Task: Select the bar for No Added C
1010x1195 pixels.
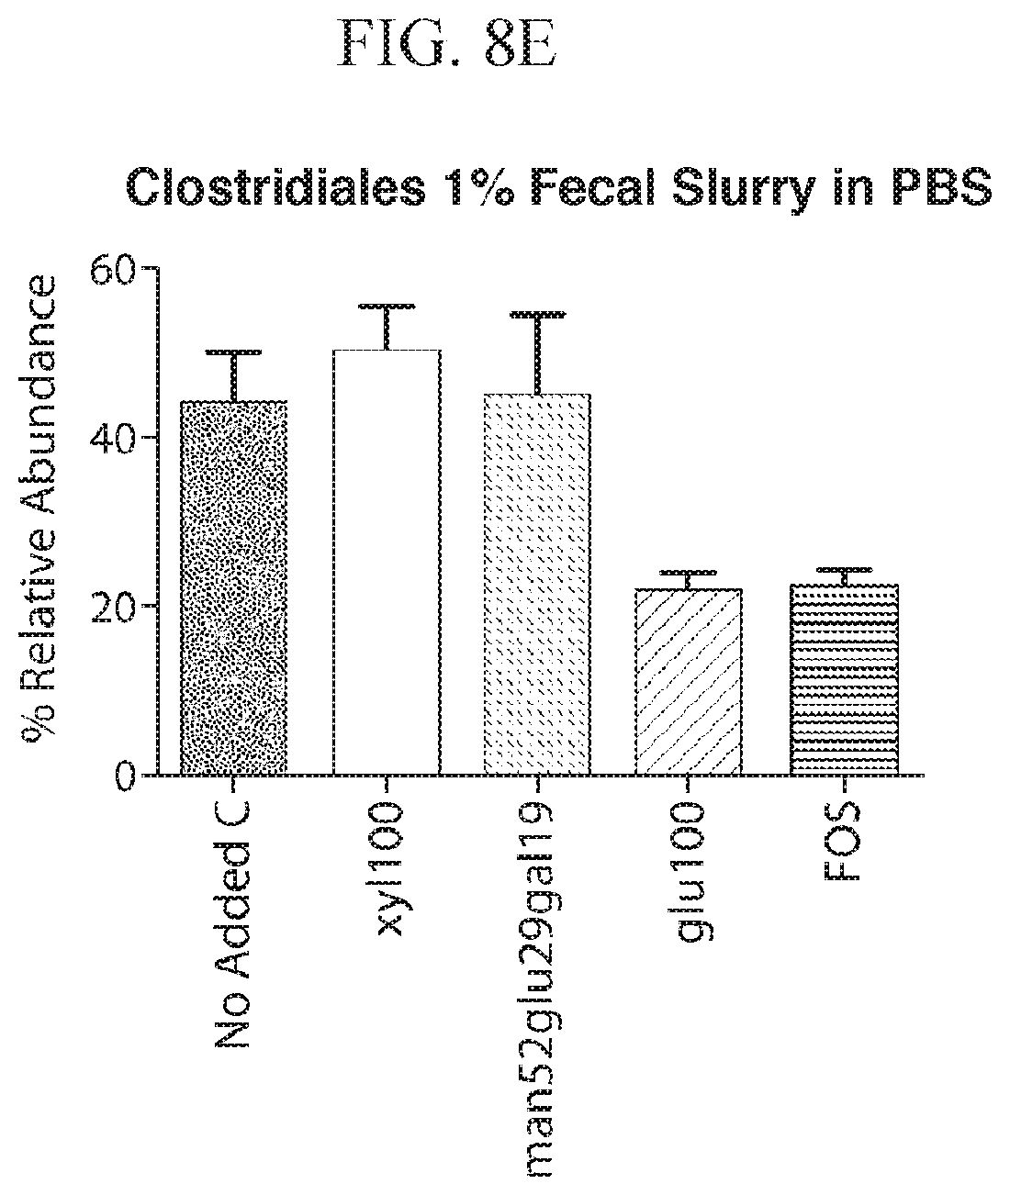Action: tap(233, 587)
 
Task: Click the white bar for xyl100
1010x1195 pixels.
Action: tap(387, 562)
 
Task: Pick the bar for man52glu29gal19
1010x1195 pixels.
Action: tap(537, 585)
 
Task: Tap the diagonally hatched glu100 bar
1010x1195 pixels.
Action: tap(689, 682)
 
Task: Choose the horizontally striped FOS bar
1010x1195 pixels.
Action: tap(845, 680)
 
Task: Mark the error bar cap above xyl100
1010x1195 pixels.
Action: tap(387, 307)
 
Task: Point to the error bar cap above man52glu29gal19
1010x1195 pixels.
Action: tap(537, 314)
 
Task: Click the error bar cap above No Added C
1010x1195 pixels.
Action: tap(233, 352)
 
